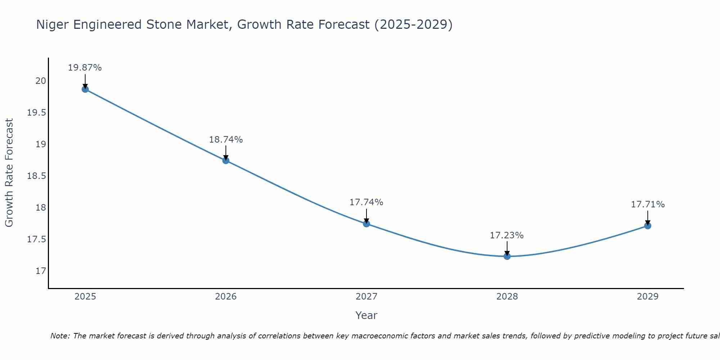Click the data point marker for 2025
coord(85,89)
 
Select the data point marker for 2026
coord(226,161)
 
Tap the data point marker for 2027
coord(366,224)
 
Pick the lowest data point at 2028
coord(507,256)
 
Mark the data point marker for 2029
coord(648,226)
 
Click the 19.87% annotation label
coord(85,68)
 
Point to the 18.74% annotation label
coord(226,140)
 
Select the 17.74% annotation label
coord(366,202)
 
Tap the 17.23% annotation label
coord(507,235)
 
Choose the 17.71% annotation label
coord(648,204)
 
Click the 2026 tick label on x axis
coord(226,297)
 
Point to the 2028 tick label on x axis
coord(507,297)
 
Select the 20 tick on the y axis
coord(41,81)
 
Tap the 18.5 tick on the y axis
coord(37,176)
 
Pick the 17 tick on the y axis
coord(41,271)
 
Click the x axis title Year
coord(366,315)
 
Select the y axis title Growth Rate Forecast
coord(9,173)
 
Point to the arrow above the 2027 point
coord(366,215)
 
